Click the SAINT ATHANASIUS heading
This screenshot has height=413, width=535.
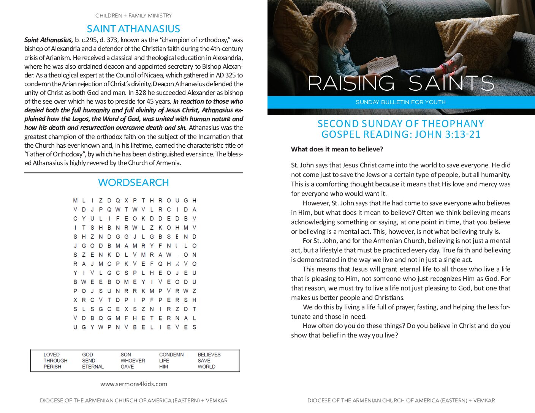pos(133,29)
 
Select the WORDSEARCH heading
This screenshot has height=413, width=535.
pos(133,183)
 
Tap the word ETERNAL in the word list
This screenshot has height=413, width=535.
pos(93,367)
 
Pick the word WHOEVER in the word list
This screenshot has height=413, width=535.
pos(133,361)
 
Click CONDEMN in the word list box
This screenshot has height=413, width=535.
pos(171,355)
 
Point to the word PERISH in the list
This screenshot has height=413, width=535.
pos(52,367)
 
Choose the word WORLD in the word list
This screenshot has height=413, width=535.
pos(206,367)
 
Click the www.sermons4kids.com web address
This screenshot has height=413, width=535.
pos(133,384)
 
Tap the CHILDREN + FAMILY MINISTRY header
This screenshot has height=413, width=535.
pos(133,16)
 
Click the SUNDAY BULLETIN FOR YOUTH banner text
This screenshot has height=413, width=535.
pos(400,102)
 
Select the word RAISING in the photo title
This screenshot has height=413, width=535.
pos(351,83)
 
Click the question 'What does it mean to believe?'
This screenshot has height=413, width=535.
pos(337,149)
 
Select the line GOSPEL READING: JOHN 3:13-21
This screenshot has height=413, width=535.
pos(401,134)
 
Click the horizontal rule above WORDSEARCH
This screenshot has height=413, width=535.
pos(133,173)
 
